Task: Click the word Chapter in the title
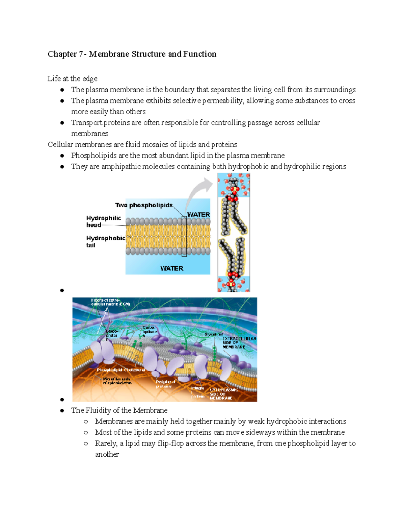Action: [62, 54]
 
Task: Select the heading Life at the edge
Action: [72, 79]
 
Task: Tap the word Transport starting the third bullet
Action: [86, 123]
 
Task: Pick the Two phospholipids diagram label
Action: [144, 205]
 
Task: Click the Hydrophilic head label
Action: [103, 221]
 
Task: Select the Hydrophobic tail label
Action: [105, 241]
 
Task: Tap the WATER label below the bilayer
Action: [171, 268]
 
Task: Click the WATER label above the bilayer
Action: [198, 215]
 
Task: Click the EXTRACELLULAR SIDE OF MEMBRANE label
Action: [239, 343]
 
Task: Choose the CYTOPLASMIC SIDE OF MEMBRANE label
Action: [223, 394]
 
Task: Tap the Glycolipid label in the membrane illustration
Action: [214, 334]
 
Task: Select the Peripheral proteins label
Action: [165, 384]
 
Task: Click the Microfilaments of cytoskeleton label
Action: [117, 381]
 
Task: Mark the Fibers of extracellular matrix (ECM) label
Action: [110, 302]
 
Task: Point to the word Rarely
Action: [106, 444]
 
